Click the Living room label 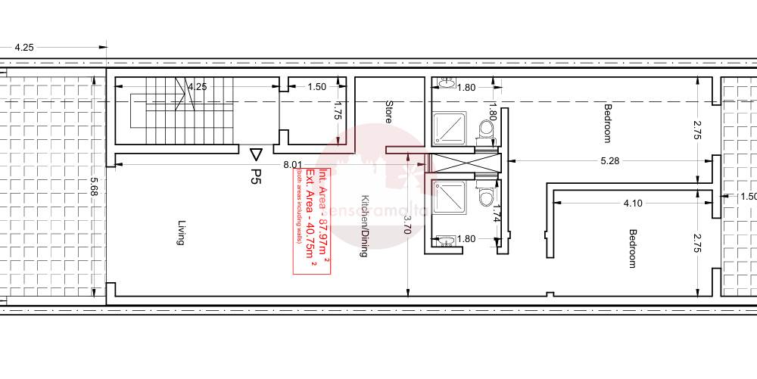click(x=181, y=232)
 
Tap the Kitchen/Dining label click(x=363, y=227)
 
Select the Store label click(x=389, y=112)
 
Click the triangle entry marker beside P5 click(x=256, y=154)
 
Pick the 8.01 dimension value click(x=292, y=164)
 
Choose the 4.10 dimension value click(x=633, y=203)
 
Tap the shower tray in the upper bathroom click(x=452, y=127)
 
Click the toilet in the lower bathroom click(x=484, y=198)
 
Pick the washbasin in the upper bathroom click(x=447, y=83)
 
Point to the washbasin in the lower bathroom click(x=447, y=242)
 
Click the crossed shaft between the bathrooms click(x=463, y=163)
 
